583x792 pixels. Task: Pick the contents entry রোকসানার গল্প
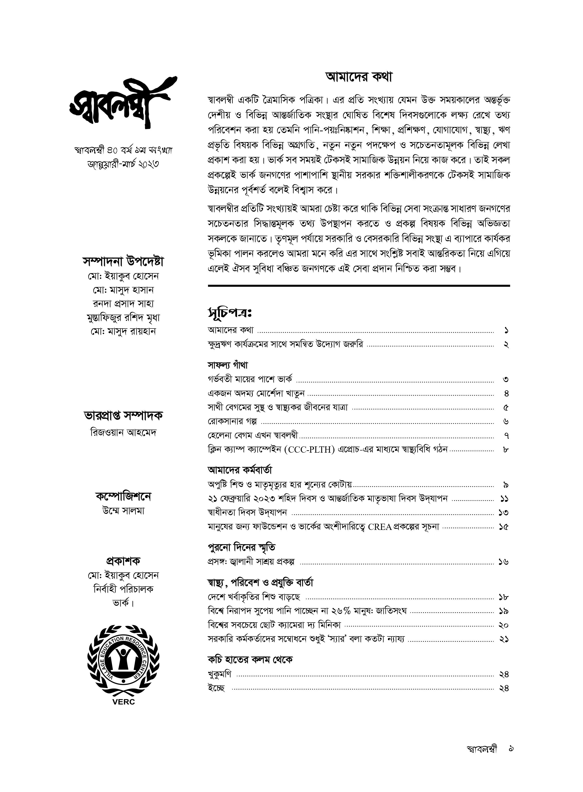point(232,421)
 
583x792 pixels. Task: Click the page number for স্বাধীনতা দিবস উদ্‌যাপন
point(504,512)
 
